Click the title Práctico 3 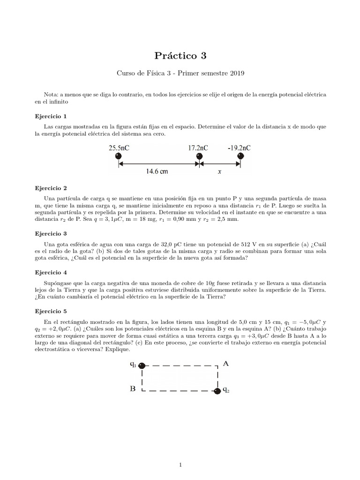coord(180,56)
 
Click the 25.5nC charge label coord(120,148)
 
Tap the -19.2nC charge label coord(239,148)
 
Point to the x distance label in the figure coord(219,172)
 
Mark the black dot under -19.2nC coord(240,156)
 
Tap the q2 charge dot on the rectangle coord(217,391)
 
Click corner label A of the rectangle coord(225,363)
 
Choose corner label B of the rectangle coord(133,389)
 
